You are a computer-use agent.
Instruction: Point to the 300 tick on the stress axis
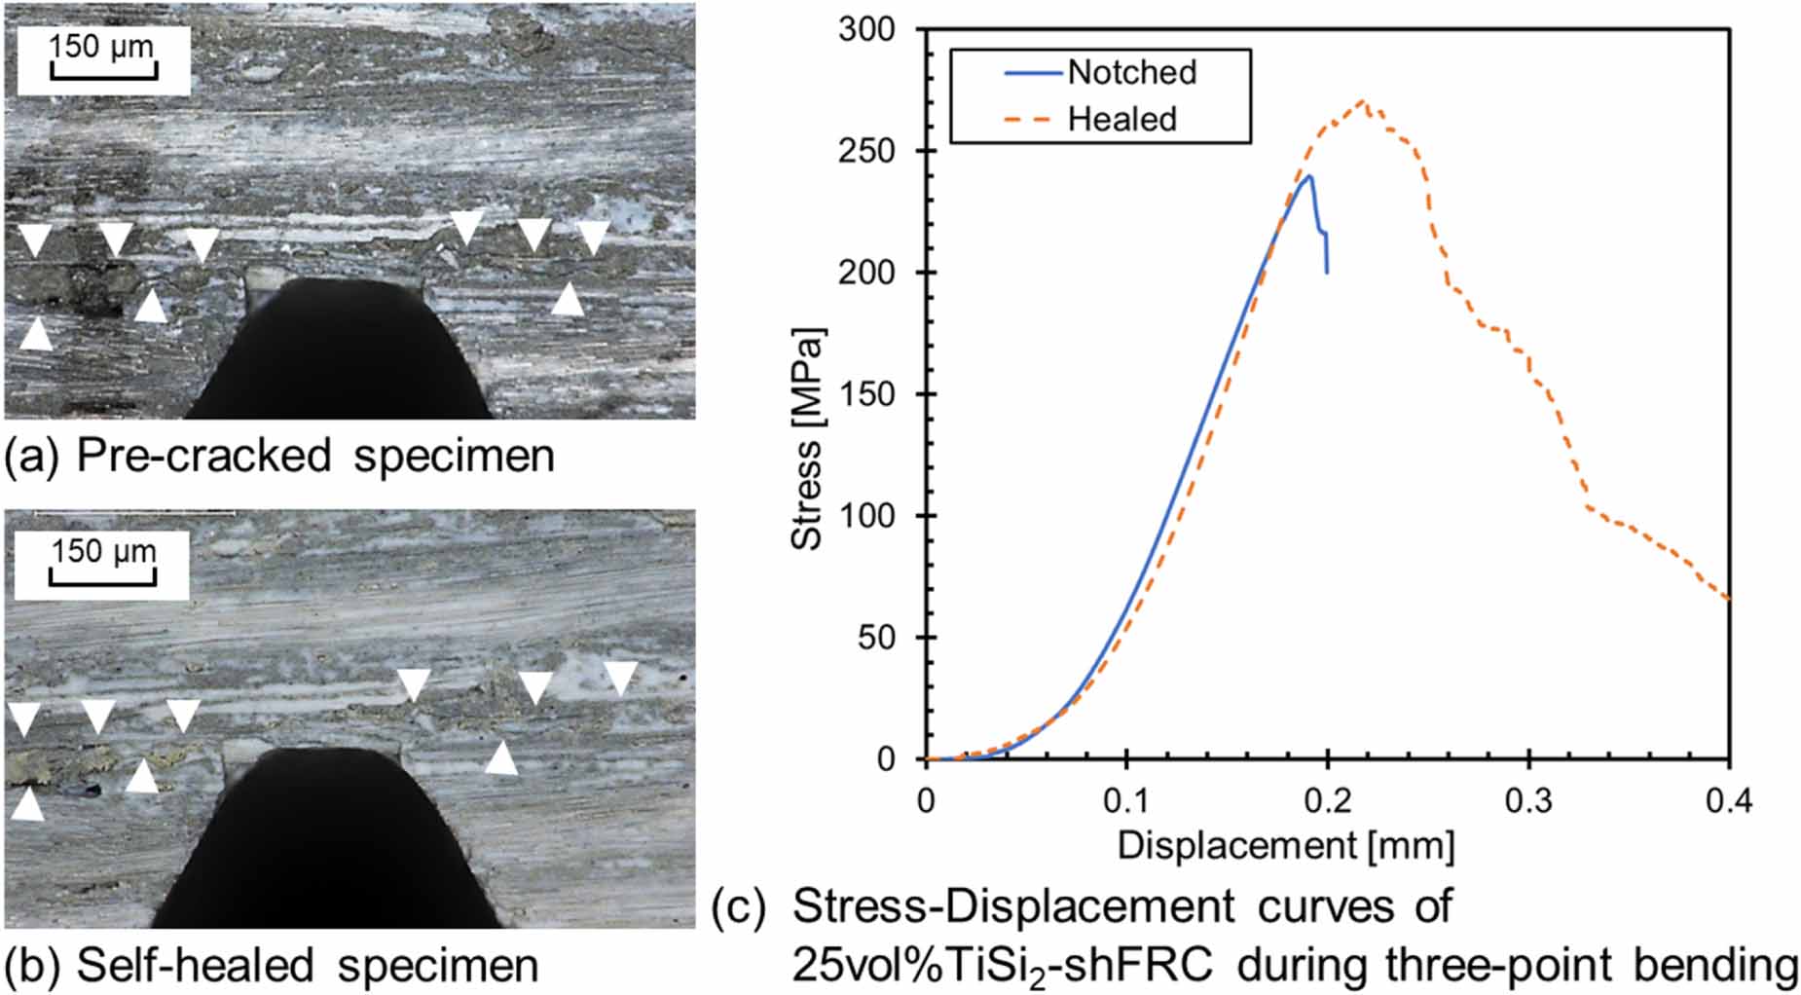click(866, 29)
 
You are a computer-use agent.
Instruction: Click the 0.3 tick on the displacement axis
click(1528, 800)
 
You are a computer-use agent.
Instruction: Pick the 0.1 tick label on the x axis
click(1126, 800)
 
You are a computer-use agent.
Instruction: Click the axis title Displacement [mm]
click(1285, 845)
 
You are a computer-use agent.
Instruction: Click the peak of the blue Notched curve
click(1310, 176)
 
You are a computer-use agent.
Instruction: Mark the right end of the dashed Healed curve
click(1729, 600)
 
